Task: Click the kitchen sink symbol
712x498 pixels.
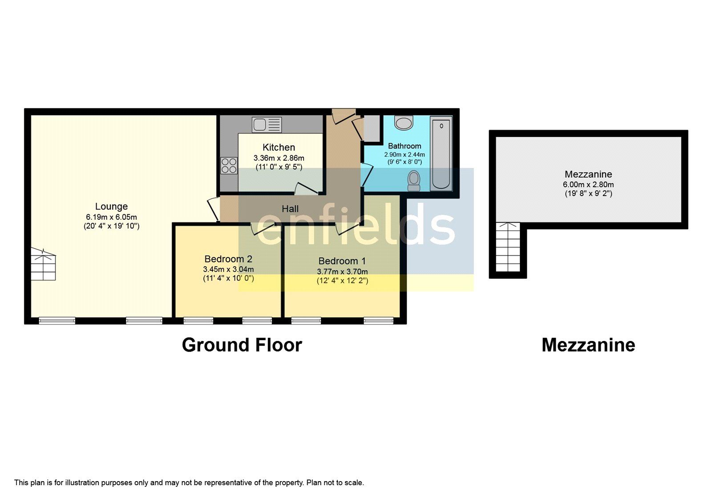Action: pos(267,124)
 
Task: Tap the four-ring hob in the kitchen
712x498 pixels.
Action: pos(229,166)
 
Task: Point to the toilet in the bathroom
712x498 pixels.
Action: pos(414,181)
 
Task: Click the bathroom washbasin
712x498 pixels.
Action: pos(404,123)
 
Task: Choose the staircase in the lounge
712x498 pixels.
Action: pos(44,265)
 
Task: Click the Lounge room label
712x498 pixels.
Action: pos(111,206)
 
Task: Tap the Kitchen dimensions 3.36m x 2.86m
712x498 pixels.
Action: pos(279,158)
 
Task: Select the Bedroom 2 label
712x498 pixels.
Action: pos(228,259)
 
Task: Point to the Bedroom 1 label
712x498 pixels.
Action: pos(342,261)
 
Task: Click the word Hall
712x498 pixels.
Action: pos(290,209)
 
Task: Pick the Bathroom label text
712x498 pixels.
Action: pos(405,146)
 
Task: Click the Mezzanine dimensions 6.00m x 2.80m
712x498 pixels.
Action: pos(588,185)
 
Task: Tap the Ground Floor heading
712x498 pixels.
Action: pos(242,345)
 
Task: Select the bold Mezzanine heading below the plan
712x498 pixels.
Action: pos(588,345)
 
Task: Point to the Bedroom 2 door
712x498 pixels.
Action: pos(263,228)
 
